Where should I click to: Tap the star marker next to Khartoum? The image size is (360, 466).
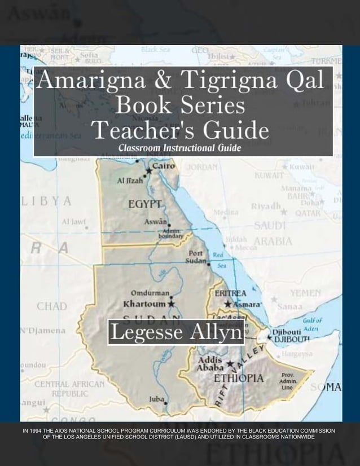pos(172,304)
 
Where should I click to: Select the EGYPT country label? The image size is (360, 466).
pos(144,204)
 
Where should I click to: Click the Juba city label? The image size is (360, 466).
pos(156,399)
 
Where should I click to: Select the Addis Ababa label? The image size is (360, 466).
pos(210,364)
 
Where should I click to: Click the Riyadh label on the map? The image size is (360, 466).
pos(266,206)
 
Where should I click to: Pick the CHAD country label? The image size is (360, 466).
pos(52,307)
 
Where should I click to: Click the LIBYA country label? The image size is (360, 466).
pos(46,201)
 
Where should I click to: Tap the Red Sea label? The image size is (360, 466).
pos(219,260)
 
